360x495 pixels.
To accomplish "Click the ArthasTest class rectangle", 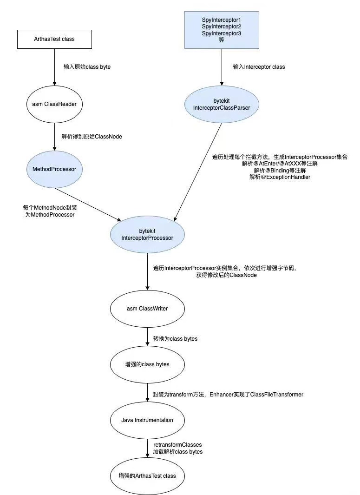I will click(54, 39).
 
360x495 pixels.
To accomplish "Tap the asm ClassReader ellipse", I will click(54, 104).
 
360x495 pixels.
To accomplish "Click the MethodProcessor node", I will click(54, 169).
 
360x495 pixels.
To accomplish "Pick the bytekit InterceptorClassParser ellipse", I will click(221, 104).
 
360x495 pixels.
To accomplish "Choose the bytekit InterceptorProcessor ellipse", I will click(147, 234).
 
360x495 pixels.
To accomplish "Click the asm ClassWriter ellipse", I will click(147, 309).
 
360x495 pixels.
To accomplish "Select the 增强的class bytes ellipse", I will click(147, 364).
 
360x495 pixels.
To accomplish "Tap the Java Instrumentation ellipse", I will click(147, 420).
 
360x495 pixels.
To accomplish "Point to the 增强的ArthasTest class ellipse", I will click(147, 476).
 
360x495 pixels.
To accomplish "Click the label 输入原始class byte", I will click(87, 67).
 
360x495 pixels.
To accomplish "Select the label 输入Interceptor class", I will click(259, 67).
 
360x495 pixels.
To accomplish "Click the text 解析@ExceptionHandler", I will click(280, 177).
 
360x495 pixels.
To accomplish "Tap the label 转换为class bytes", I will click(175, 338).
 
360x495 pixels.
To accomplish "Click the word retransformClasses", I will click(177, 445).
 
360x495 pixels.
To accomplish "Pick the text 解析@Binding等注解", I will click(280, 171).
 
